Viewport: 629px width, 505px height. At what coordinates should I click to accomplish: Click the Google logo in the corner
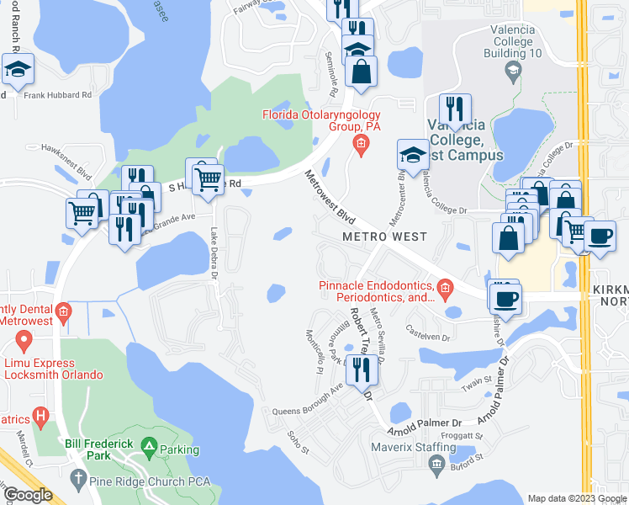[x=28, y=495]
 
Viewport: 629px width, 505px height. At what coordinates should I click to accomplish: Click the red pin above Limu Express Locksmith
[x=24, y=341]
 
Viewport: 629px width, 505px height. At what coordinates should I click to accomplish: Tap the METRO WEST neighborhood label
[x=384, y=237]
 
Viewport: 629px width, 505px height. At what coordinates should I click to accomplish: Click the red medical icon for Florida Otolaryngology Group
[x=361, y=145]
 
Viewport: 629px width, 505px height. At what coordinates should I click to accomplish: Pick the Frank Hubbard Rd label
[x=57, y=96]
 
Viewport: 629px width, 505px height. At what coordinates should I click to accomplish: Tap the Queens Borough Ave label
[x=308, y=400]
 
